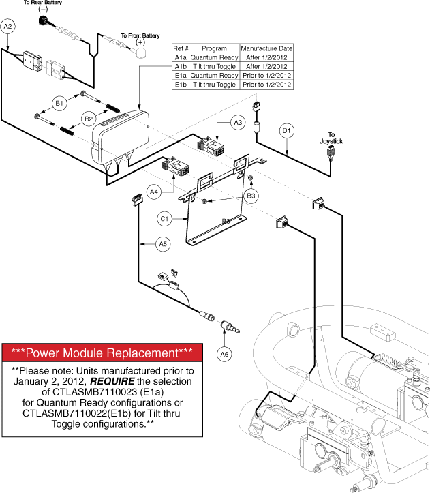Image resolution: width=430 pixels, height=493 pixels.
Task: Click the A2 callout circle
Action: click(x=9, y=27)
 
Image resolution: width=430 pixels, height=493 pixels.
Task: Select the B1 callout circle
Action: click(x=60, y=104)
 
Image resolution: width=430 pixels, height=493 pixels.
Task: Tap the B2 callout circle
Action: click(x=89, y=118)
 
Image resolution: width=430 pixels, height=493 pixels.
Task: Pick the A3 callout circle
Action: click(x=237, y=123)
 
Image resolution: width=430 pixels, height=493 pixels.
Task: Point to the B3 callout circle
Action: click(x=252, y=196)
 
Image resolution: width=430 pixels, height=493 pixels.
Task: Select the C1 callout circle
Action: click(x=164, y=219)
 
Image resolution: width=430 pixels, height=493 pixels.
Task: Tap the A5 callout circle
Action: click(x=162, y=243)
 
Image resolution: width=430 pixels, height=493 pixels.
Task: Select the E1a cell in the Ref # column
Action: click(x=180, y=76)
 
